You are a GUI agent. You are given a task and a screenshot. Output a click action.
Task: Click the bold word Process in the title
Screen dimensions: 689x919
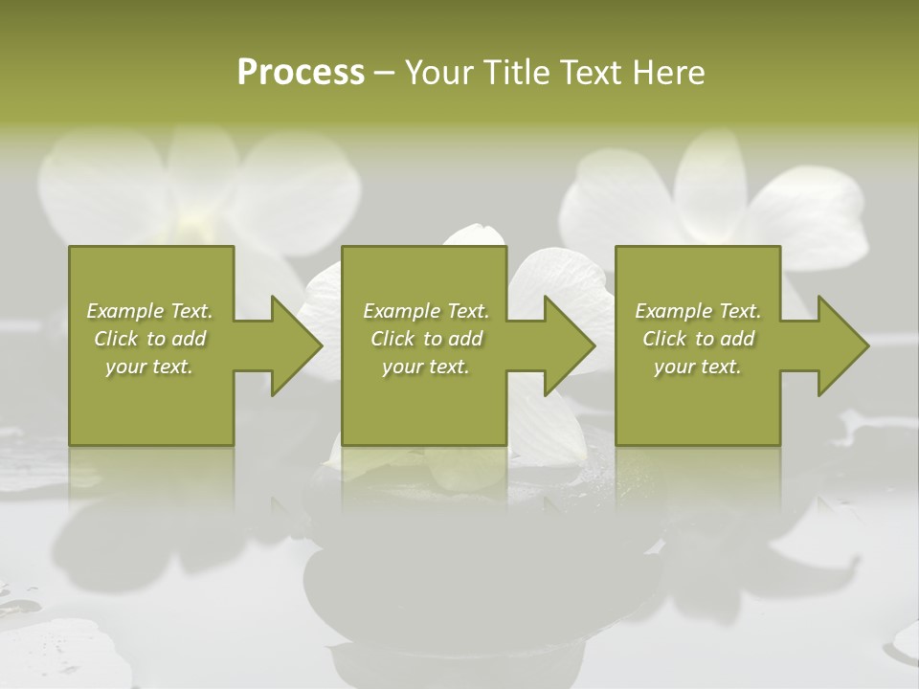[x=301, y=73]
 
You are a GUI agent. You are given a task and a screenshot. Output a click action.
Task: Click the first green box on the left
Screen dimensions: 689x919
[x=151, y=402]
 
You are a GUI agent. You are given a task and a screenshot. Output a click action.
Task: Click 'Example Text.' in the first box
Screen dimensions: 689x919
[x=149, y=311]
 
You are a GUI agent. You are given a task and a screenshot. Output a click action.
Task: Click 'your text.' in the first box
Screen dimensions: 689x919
[x=149, y=367]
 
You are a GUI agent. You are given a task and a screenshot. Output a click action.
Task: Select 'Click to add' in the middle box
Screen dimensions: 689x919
[x=426, y=339]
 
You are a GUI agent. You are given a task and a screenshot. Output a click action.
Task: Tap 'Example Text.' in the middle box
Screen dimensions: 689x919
[x=426, y=311]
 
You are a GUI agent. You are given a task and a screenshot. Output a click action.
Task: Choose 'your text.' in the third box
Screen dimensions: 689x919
[x=698, y=367]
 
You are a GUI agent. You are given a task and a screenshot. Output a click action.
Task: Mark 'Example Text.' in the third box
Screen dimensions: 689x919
[x=698, y=311]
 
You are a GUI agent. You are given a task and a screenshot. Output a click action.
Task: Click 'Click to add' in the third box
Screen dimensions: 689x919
[x=698, y=339]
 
